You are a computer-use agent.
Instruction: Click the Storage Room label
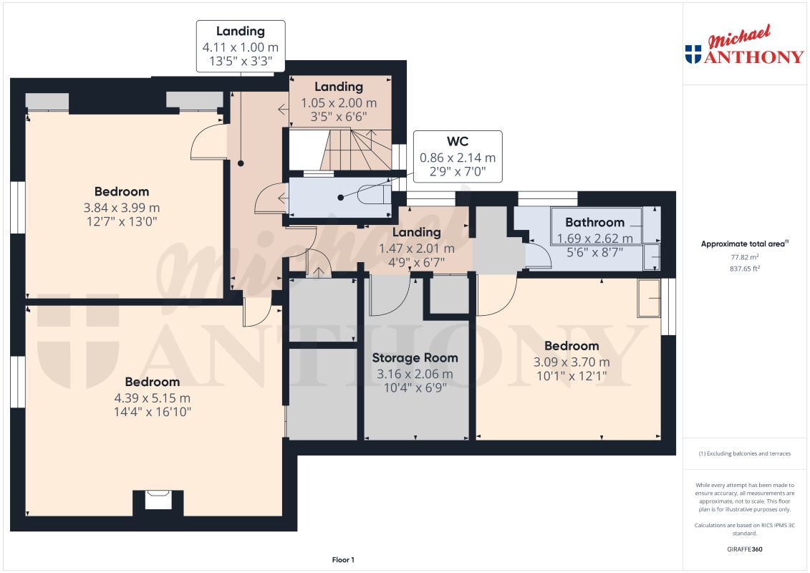click(x=415, y=357)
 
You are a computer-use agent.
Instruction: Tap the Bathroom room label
click(x=594, y=222)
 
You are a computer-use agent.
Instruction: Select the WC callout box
click(x=457, y=156)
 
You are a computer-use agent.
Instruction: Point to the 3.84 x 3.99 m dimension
click(x=122, y=208)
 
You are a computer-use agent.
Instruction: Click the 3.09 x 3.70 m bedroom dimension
click(x=572, y=362)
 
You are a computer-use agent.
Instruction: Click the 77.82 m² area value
click(x=745, y=256)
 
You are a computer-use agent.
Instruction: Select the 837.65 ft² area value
click(x=745, y=268)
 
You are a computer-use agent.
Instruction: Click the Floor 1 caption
click(x=343, y=559)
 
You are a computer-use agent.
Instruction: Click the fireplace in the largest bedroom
click(x=158, y=499)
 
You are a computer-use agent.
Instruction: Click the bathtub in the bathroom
click(x=596, y=226)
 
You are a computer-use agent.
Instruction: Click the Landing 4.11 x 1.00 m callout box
click(x=241, y=46)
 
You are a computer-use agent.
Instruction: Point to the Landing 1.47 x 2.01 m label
click(x=416, y=232)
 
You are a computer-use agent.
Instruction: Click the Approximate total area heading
click(x=744, y=244)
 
